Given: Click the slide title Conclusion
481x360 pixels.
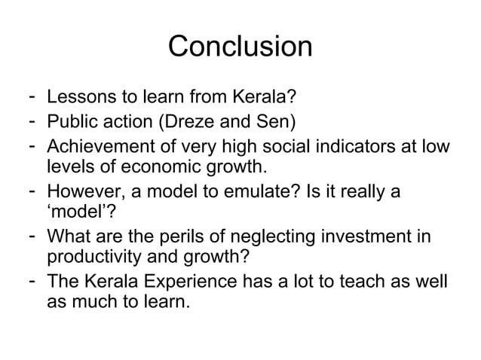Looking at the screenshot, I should [240, 47].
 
